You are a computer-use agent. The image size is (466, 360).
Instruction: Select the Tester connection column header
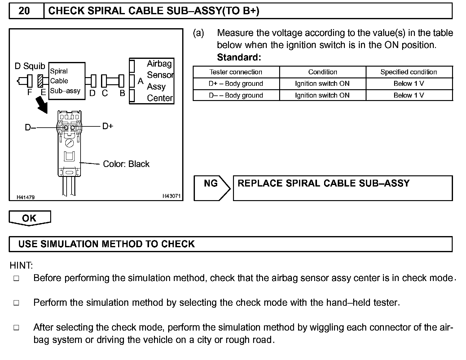(236, 72)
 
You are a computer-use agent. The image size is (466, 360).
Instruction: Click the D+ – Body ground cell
(236, 84)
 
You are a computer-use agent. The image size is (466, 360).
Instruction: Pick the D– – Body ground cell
(236, 95)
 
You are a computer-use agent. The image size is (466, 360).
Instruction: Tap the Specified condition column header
(409, 72)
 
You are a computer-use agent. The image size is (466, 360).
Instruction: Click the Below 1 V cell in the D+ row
(409, 84)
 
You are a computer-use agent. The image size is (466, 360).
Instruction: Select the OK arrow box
(29, 218)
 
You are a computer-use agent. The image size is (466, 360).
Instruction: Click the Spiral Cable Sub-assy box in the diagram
(67, 81)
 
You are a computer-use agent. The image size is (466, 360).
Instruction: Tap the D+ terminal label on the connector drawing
(108, 126)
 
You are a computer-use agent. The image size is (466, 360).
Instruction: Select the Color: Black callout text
(126, 164)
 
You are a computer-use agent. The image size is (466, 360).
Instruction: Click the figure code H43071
(171, 196)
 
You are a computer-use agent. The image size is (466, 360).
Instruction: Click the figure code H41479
(26, 197)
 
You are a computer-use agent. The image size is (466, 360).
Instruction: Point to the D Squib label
(30, 66)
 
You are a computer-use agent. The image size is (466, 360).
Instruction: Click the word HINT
(21, 266)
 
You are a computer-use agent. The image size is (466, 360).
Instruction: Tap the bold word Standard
(239, 57)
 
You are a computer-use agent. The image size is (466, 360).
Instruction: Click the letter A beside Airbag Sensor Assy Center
(140, 81)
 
